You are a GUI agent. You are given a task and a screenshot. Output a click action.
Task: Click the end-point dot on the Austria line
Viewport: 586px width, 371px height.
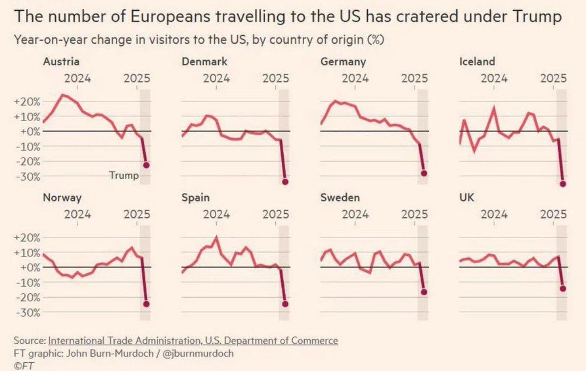click(x=146, y=165)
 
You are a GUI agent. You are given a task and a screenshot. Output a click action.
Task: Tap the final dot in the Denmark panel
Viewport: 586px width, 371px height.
click(x=285, y=182)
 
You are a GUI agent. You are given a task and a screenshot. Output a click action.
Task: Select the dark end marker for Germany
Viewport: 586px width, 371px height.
click(x=424, y=173)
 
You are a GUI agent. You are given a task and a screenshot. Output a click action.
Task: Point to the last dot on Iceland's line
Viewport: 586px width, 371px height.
click(x=563, y=184)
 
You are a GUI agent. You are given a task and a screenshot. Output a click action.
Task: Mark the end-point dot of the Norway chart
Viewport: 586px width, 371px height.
click(x=146, y=304)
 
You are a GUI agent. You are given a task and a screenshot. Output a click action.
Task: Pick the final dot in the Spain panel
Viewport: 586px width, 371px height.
click(x=285, y=304)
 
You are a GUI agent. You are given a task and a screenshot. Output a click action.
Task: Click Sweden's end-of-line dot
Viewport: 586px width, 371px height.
click(x=424, y=292)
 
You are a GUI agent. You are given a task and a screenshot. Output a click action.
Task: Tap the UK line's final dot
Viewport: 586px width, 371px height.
click(x=563, y=289)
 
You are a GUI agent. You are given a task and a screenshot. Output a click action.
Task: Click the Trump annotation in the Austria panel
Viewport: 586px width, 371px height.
click(x=124, y=175)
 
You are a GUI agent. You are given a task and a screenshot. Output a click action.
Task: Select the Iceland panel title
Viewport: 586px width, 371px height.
click(x=477, y=62)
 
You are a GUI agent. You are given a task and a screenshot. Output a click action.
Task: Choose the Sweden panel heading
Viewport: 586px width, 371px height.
click(x=340, y=198)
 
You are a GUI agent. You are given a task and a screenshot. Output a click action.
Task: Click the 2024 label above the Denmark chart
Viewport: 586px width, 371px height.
click(x=216, y=79)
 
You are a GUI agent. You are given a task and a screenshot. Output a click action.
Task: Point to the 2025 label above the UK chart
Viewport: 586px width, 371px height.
click(x=553, y=214)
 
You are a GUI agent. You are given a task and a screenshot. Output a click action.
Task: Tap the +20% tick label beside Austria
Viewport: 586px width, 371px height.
click(x=27, y=102)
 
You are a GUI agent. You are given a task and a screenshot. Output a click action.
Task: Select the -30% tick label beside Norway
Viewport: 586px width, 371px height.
click(x=28, y=313)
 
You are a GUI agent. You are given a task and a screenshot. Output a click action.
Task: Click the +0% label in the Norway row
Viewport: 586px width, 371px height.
click(x=30, y=268)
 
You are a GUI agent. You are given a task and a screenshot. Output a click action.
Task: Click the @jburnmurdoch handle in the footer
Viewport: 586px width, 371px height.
click(x=198, y=353)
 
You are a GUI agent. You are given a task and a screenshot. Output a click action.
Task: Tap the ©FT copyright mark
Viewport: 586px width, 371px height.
click(x=23, y=366)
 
